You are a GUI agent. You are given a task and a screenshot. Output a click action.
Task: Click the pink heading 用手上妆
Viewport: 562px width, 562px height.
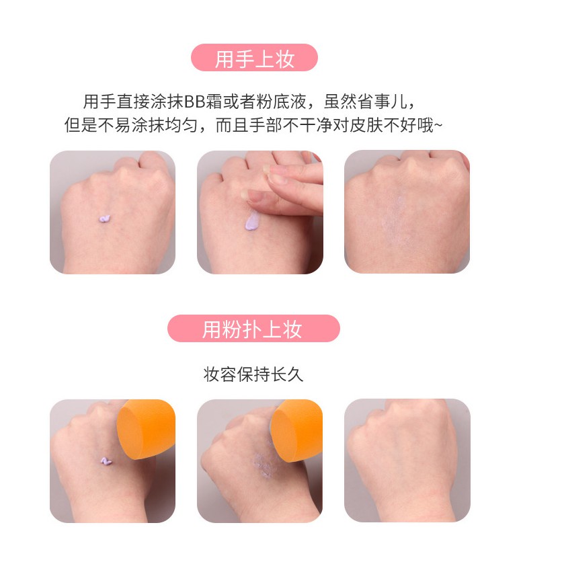254,59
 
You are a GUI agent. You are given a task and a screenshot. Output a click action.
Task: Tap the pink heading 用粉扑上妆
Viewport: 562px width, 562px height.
253,329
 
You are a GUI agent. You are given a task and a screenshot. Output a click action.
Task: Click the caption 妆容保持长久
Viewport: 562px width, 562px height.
253,374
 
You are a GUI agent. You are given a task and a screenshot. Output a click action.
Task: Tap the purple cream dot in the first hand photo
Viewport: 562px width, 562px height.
106,219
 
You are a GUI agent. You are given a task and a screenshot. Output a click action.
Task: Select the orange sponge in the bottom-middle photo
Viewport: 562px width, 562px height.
296,431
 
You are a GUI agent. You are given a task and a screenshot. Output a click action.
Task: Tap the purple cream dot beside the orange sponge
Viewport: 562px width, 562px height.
106,461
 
